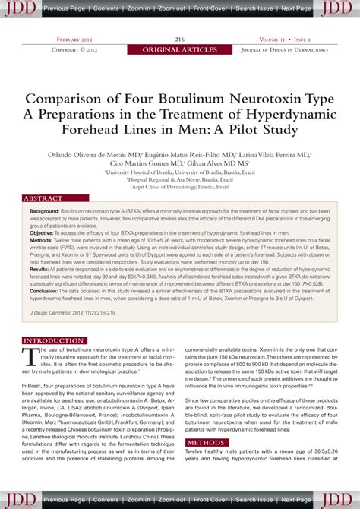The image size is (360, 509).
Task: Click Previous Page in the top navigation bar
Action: coord(65,8)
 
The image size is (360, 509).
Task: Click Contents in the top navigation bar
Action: coord(106,8)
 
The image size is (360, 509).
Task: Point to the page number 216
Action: coord(180,39)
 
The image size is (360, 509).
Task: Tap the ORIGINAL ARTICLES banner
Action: coord(179,49)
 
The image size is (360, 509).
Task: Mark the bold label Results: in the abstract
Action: coord(43,270)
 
